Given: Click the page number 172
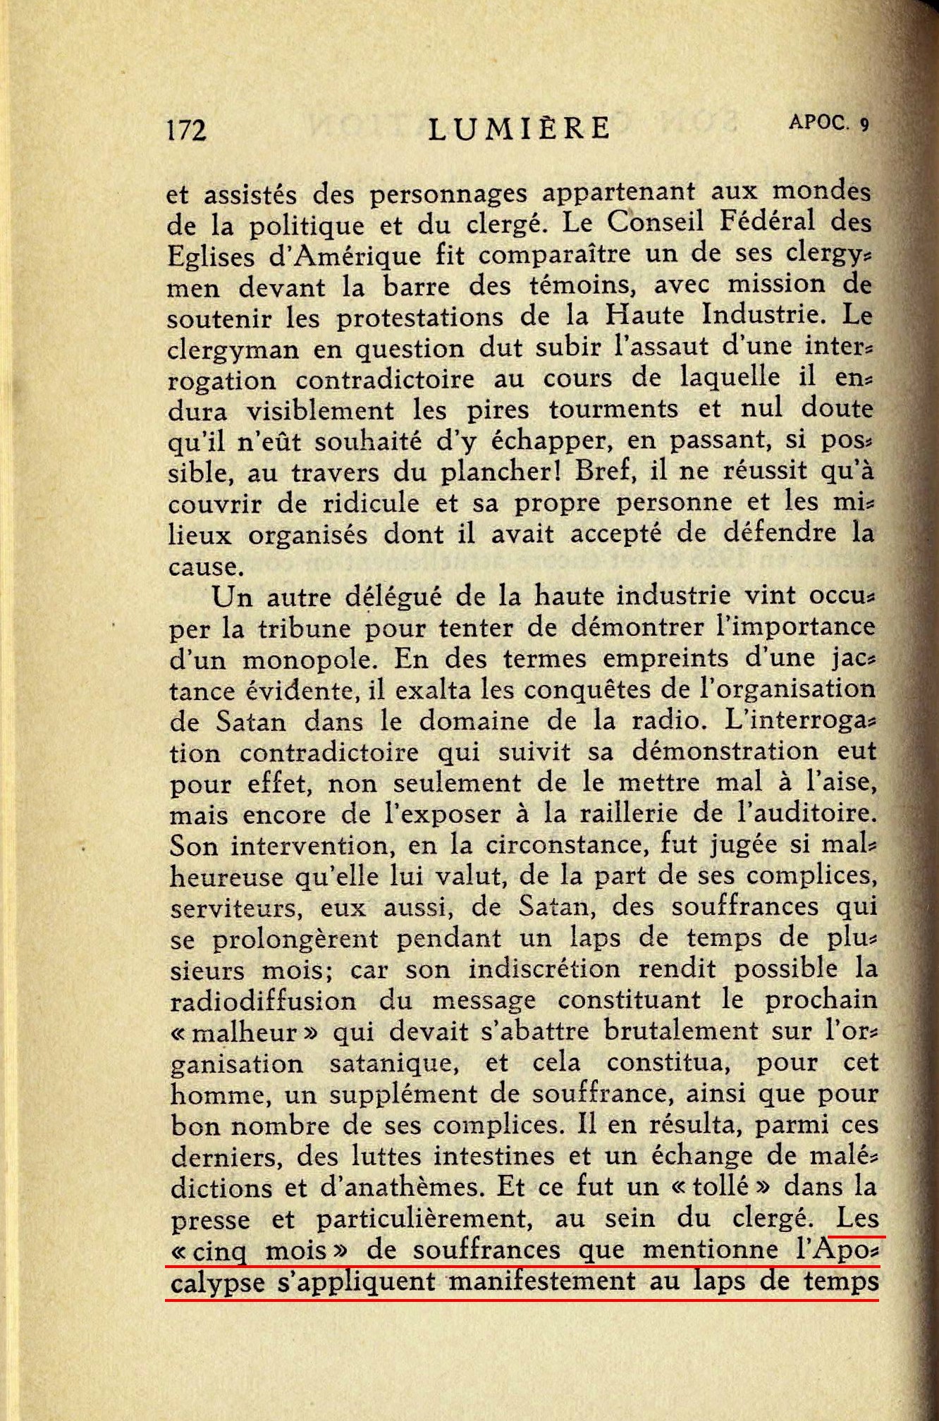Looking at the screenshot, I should click(x=187, y=130).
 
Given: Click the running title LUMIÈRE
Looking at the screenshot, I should click(x=520, y=128).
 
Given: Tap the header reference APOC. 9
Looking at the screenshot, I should click(x=829, y=123).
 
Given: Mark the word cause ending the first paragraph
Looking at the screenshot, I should click(x=202, y=567).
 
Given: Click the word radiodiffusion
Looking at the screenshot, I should click(x=264, y=1001).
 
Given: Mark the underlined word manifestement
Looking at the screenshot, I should click(x=542, y=1281).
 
